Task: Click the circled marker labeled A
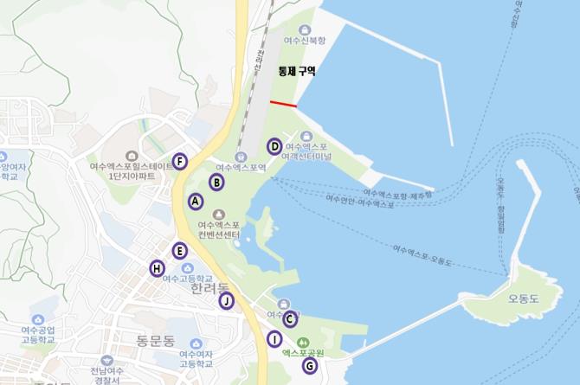pyautogui.click(x=196, y=201)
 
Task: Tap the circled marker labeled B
pyautogui.click(x=216, y=182)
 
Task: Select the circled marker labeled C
pyautogui.click(x=290, y=318)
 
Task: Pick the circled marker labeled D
pyautogui.click(x=274, y=146)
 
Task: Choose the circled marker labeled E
pyautogui.click(x=179, y=251)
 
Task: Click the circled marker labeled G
pyautogui.click(x=309, y=366)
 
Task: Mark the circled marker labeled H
pyautogui.click(x=157, y=269)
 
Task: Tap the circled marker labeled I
pyautogui.click(x=274, y=339)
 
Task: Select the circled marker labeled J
pyautogui.click(x=226, y=301)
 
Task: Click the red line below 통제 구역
pyautogui.click(x=283, y=104)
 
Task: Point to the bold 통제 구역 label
pyautogui.click(x=296, y=72)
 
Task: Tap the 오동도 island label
pyautogui.click(x=524, y=298)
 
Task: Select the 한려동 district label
pyautogui.click(x=210, y=288)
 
